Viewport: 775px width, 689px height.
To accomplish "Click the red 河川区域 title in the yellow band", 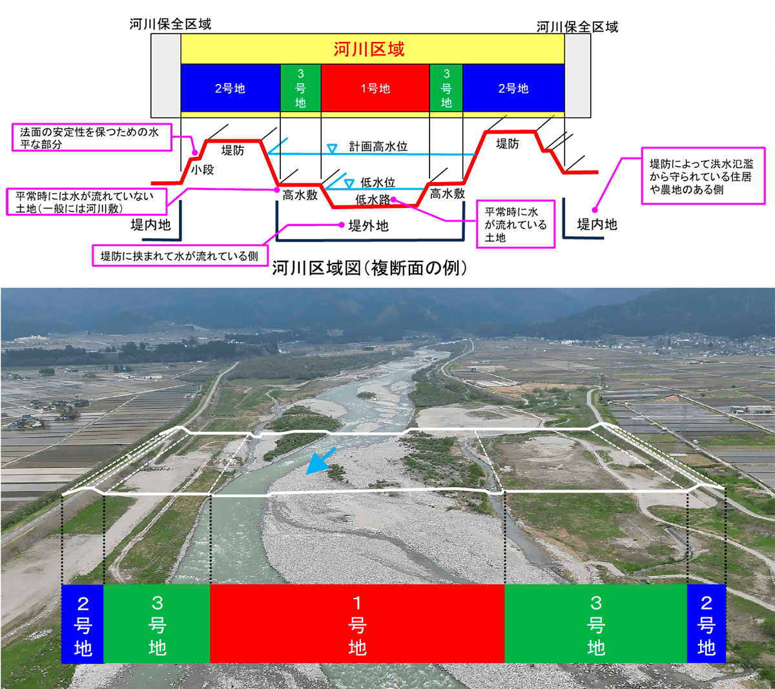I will point(369,49).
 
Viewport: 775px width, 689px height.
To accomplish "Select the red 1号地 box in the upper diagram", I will point(375,88).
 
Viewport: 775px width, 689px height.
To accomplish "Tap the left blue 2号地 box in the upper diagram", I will point(231,88).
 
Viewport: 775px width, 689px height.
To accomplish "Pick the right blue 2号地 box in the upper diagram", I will point(513,88).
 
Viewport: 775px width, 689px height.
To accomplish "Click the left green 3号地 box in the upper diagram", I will point(300,88).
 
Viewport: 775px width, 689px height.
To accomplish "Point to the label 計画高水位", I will point(378,147).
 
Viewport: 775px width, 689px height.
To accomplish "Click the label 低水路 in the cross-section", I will point(373,200).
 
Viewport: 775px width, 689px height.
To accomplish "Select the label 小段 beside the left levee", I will point(202,170).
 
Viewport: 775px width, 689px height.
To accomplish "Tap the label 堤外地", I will point(368,225).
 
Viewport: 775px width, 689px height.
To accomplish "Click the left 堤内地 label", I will point(150,225).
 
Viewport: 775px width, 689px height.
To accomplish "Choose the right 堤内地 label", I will point(597,224).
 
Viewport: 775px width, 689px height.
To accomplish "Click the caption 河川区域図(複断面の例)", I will point(369,268).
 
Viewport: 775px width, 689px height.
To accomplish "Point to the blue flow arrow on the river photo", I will point(320,461).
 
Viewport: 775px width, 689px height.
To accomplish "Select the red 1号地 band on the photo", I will point(357,624).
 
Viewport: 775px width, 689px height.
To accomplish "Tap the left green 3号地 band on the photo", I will point(157,624).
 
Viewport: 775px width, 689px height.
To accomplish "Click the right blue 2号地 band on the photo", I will point(706,624).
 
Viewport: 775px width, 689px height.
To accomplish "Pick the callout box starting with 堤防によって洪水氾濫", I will point(703,176).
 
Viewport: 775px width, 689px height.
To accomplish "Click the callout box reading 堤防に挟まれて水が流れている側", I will point(179,256).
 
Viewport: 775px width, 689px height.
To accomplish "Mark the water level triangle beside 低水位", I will point(349,183).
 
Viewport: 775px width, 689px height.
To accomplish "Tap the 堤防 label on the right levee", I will point(507,143).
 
